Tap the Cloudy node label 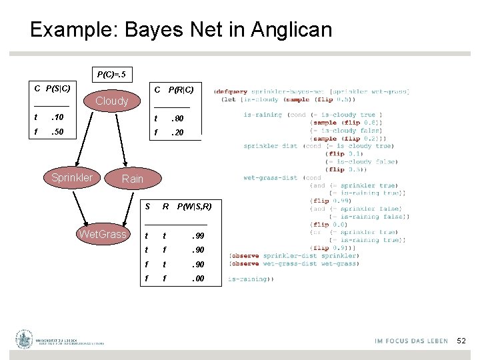pyautogui.click(x=112, y=101)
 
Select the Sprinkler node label pyautogui.click(x=72, y=177)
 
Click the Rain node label pyautogui.click(x=132, y=178)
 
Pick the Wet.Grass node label pyautogui.click(x=102, y=234)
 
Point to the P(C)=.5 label pyautogui.click(x=111, y=74)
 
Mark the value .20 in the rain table pyautogui.click(x=177, y=133)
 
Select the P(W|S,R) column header pyautogui.click(x=194, y=207)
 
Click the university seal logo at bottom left pyautogui.click(x=25, y=339)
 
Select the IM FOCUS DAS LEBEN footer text pyautogui.click(x=411, y=341)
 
